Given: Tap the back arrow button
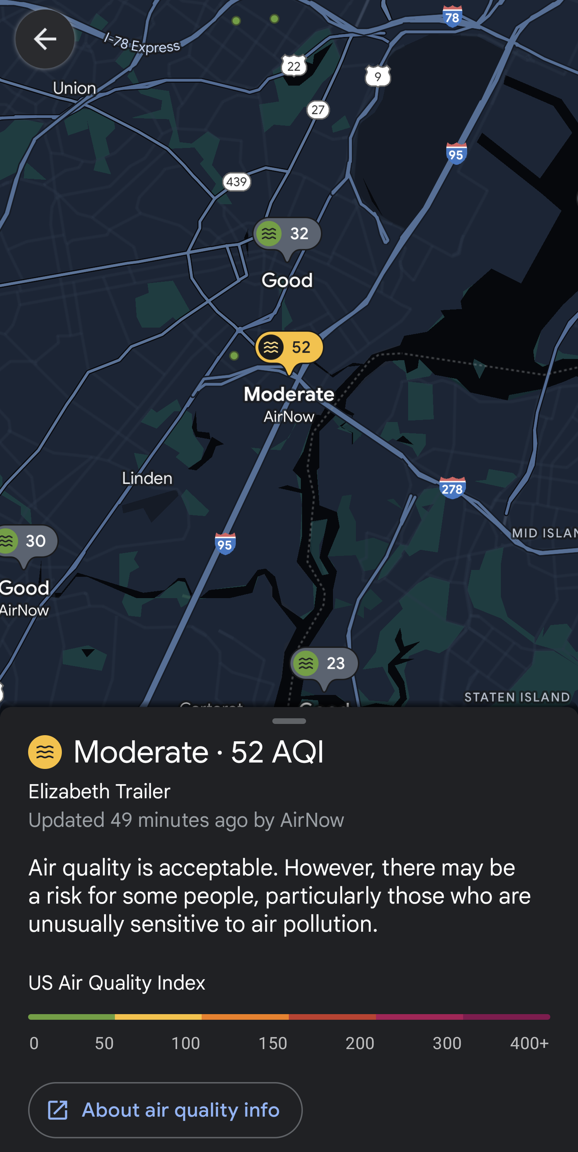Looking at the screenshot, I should click(45, 39).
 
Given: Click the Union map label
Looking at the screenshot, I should click(74, 88).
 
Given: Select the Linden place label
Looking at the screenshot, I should click(147, 478).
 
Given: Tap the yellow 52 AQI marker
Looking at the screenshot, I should click(289, 348).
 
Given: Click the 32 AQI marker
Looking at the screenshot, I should click(288, 234).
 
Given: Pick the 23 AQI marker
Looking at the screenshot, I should click(324, 663).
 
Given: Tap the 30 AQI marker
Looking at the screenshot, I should click(26, 541).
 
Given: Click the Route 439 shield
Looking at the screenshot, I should click(236, 182).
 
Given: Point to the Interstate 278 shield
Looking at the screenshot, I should click(452, 488).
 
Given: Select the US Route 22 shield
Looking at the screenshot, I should click(294, 66).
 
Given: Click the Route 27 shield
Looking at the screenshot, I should click(318, 110).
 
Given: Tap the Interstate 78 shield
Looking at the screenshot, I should click(452, 17).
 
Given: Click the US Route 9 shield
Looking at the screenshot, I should click(378, 76).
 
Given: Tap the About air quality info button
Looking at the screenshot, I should click(165, 1110).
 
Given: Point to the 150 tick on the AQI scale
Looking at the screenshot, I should click(273, 1043).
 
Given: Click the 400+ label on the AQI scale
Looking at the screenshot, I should click(529, 1043).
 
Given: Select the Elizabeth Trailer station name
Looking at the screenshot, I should click(99, 791).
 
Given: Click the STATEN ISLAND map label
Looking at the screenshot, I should click(517, 697).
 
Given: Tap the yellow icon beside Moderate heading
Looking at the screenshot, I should click(45, 751).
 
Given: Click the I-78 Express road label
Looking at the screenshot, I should click(142, 44).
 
